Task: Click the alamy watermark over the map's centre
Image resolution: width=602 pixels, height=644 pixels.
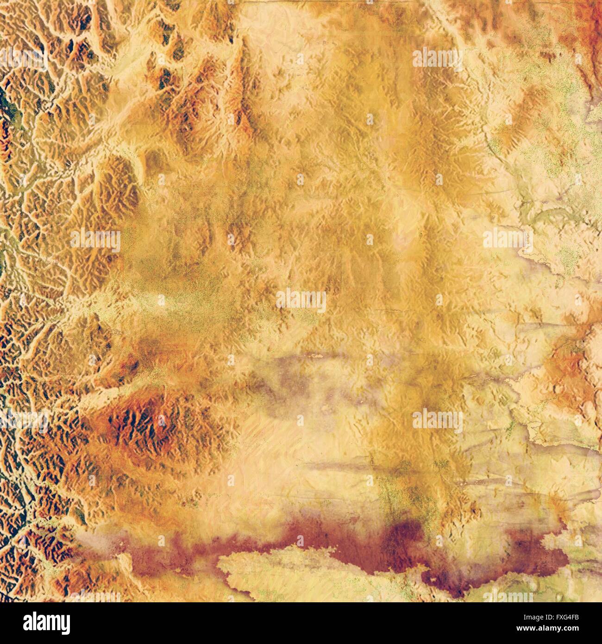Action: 301,301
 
